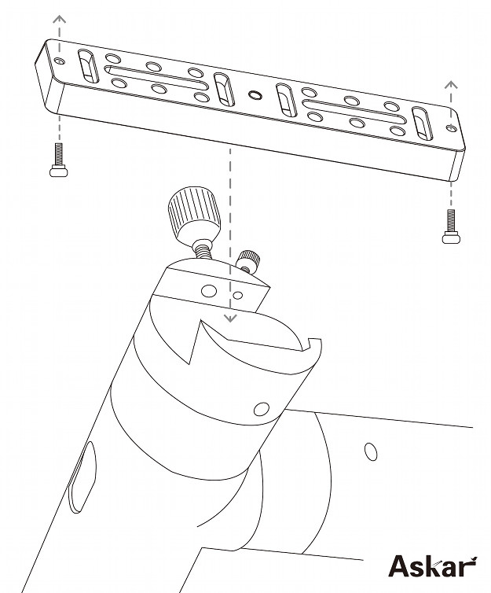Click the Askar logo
point(433,565)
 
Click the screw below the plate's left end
point(59,160)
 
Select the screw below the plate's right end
point(451,227)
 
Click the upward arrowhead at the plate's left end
point(59,19)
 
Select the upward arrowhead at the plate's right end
point(451,84)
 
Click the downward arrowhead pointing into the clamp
point(230,318)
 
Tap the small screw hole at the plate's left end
point(59,61)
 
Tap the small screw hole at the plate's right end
point(452,128)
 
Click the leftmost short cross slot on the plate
point(88,66)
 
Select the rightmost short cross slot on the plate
point(422,123)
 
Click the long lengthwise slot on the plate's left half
point(156,78)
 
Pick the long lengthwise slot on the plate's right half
point(354,112)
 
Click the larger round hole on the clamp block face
point(209,291)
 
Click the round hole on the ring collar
point(262,409)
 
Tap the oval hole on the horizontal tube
point(371,451)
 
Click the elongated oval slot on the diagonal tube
point(82,477)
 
